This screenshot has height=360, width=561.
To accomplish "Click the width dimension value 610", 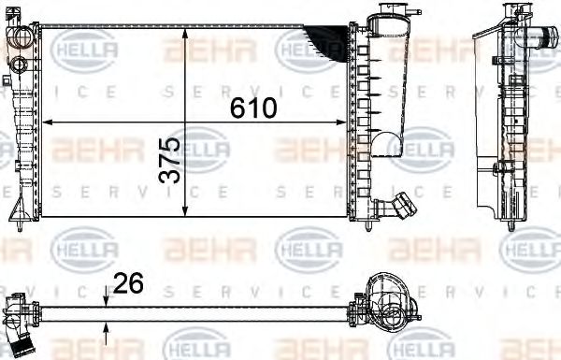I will (254, 108).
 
